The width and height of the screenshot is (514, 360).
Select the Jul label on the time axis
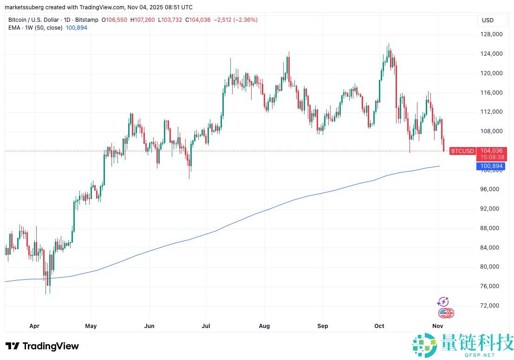click(206, 326)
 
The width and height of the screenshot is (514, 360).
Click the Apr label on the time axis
click(34, 326)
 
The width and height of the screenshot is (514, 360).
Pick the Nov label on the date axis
click(437, 326)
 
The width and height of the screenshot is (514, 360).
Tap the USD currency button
click(488, 20)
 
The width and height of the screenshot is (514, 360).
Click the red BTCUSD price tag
click(462, 151)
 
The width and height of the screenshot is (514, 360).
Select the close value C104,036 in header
click(198, 20)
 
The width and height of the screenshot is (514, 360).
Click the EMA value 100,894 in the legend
click(77, 28)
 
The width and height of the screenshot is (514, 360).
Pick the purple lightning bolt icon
click(442, 302)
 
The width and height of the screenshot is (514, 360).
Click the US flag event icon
click(444, 313)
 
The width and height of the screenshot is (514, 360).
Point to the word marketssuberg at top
click(22, 7)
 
